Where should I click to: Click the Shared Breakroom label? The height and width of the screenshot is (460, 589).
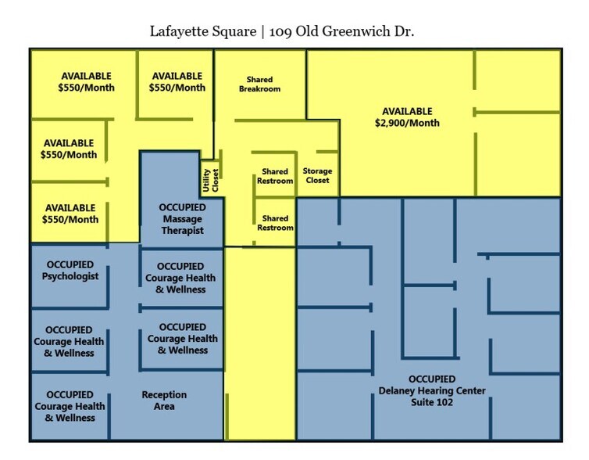[259, 84]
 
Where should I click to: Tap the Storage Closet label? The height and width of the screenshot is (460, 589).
[317, 176]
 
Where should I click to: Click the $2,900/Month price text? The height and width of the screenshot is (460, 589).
[407, 123]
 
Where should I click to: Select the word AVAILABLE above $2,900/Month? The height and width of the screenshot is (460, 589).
[407, 111]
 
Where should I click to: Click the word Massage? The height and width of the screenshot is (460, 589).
[182, 219]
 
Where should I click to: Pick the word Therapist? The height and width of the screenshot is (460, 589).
[182, 231]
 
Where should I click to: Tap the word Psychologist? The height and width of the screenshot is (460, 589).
[70, 276]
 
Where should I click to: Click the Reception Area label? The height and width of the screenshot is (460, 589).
[164, 401]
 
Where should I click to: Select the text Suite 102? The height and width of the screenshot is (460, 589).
[432, 402]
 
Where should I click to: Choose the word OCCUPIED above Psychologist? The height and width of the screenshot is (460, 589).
[70, 264]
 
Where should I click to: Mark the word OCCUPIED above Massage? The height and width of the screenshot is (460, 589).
[182, 207]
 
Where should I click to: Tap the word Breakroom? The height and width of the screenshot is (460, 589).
[259, 89]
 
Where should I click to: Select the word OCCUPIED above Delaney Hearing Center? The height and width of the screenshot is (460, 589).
[432, 379]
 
